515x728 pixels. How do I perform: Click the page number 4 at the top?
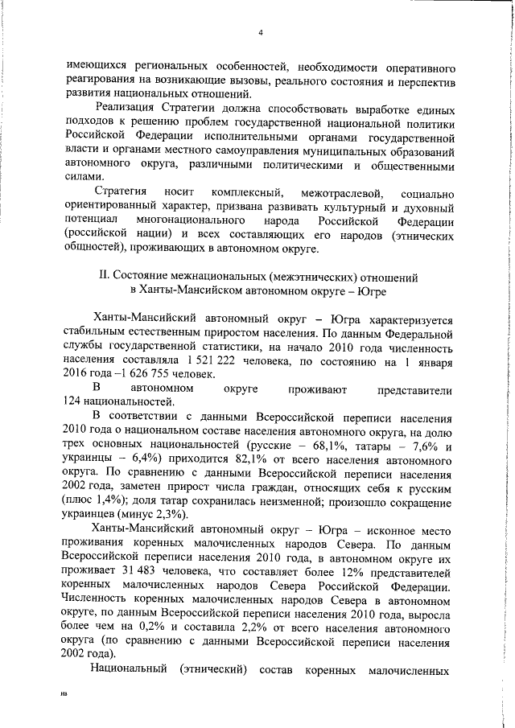pos(261,33)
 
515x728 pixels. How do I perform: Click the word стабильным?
pos(93,332)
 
